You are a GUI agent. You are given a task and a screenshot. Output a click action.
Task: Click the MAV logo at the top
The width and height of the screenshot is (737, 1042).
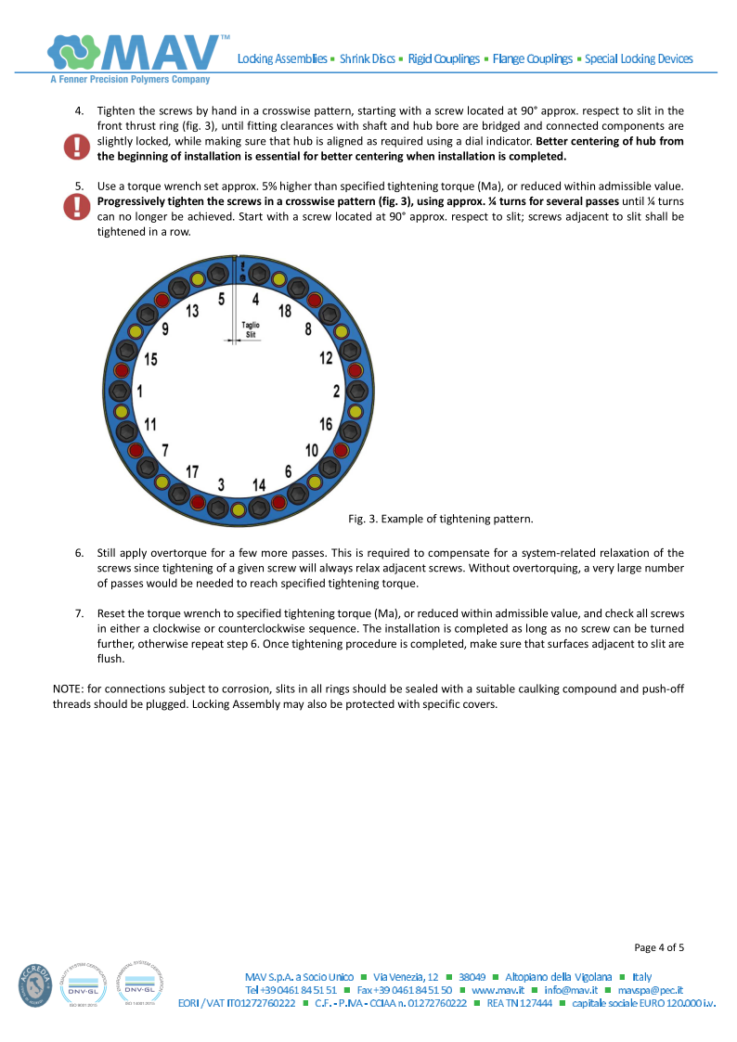tap(138, 53)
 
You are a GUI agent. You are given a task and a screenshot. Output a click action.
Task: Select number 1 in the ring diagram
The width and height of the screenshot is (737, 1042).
tap(139, 392)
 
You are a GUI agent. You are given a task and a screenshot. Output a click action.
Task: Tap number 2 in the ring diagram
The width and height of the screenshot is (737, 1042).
tap(336, 392)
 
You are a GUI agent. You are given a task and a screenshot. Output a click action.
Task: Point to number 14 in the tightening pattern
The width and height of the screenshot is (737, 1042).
tap(259, 484)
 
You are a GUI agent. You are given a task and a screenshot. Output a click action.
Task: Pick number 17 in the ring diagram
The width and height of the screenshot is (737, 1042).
tap(192, 471)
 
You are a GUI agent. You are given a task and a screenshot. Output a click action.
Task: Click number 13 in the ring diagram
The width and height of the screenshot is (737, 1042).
tap(192, 311)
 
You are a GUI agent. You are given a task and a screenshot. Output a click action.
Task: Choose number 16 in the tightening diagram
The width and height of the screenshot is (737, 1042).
tap(326, 424)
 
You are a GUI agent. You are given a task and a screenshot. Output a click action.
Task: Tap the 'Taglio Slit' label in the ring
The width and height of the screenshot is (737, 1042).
tap(251, 329)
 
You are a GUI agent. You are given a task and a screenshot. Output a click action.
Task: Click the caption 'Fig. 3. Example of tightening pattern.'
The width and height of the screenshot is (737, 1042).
tap(441, 518)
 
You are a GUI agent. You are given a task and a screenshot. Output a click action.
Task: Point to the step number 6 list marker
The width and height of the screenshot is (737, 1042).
tap(79, 553)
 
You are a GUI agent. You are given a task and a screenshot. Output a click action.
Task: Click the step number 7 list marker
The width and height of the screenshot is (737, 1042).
tap(79, 613)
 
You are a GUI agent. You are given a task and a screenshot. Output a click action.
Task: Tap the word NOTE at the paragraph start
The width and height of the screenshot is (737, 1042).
tap(70, 688)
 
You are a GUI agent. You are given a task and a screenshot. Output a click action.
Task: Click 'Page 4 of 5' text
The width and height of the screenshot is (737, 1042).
tap(659, 947)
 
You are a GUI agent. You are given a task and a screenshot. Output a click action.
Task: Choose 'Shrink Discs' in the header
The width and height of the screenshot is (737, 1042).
tap(367, 59)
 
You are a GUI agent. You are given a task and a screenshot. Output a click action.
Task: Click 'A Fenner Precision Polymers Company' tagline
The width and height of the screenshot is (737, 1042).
tap(130, 80)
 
